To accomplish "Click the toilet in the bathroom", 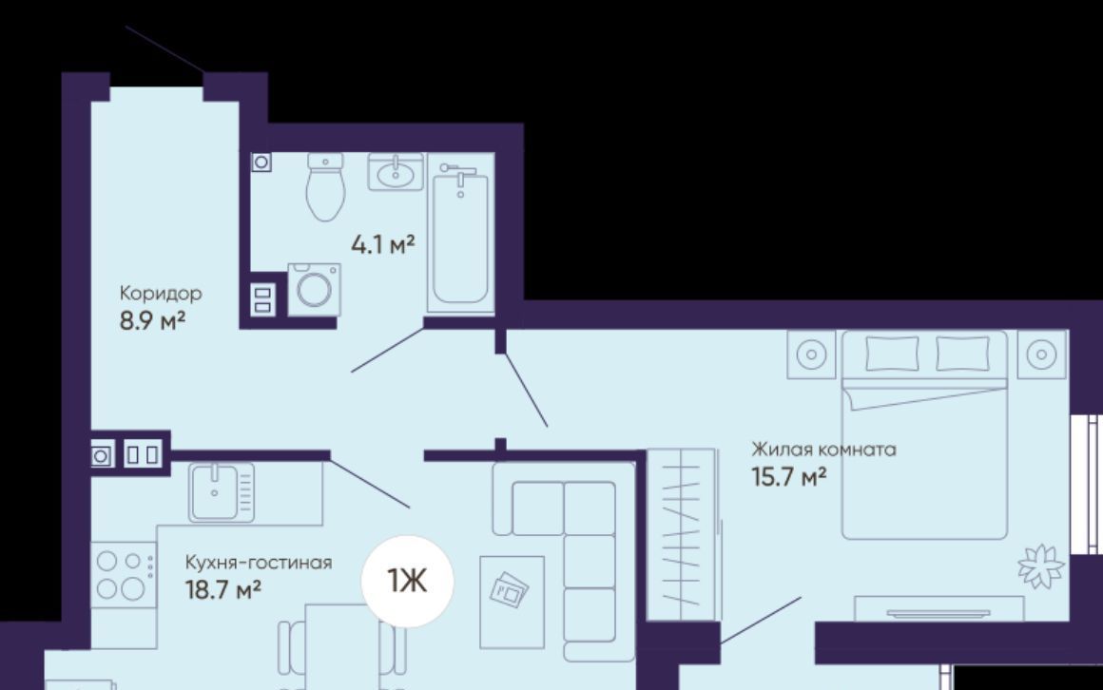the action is [x=325, y=187].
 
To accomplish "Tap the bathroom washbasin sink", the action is [x=397, y=172].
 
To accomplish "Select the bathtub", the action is [x=461, y=236].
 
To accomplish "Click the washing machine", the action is [x=314, y=289].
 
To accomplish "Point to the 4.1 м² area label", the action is [x=382, y=245].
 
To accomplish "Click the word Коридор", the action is [x=161, y=294].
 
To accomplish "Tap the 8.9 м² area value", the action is [x=152, y=320].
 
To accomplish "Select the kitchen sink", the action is [x=221, y=492].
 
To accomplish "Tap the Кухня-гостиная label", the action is [x=259, y=563].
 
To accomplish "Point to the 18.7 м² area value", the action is [x=223, y=589].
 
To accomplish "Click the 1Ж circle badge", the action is [x=407, y=581].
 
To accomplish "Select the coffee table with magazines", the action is [x=513, y=602].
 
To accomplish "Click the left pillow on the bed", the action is [x=892, y=354].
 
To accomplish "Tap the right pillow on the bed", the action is [x=962, y=354].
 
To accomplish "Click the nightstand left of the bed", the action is [x=811, y=354].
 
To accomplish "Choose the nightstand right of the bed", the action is [x=1042, y=354].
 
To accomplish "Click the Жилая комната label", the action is [x=823, y=450].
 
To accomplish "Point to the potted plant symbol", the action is [x=1041, y=566].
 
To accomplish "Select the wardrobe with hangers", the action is [x=681, y=534].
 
